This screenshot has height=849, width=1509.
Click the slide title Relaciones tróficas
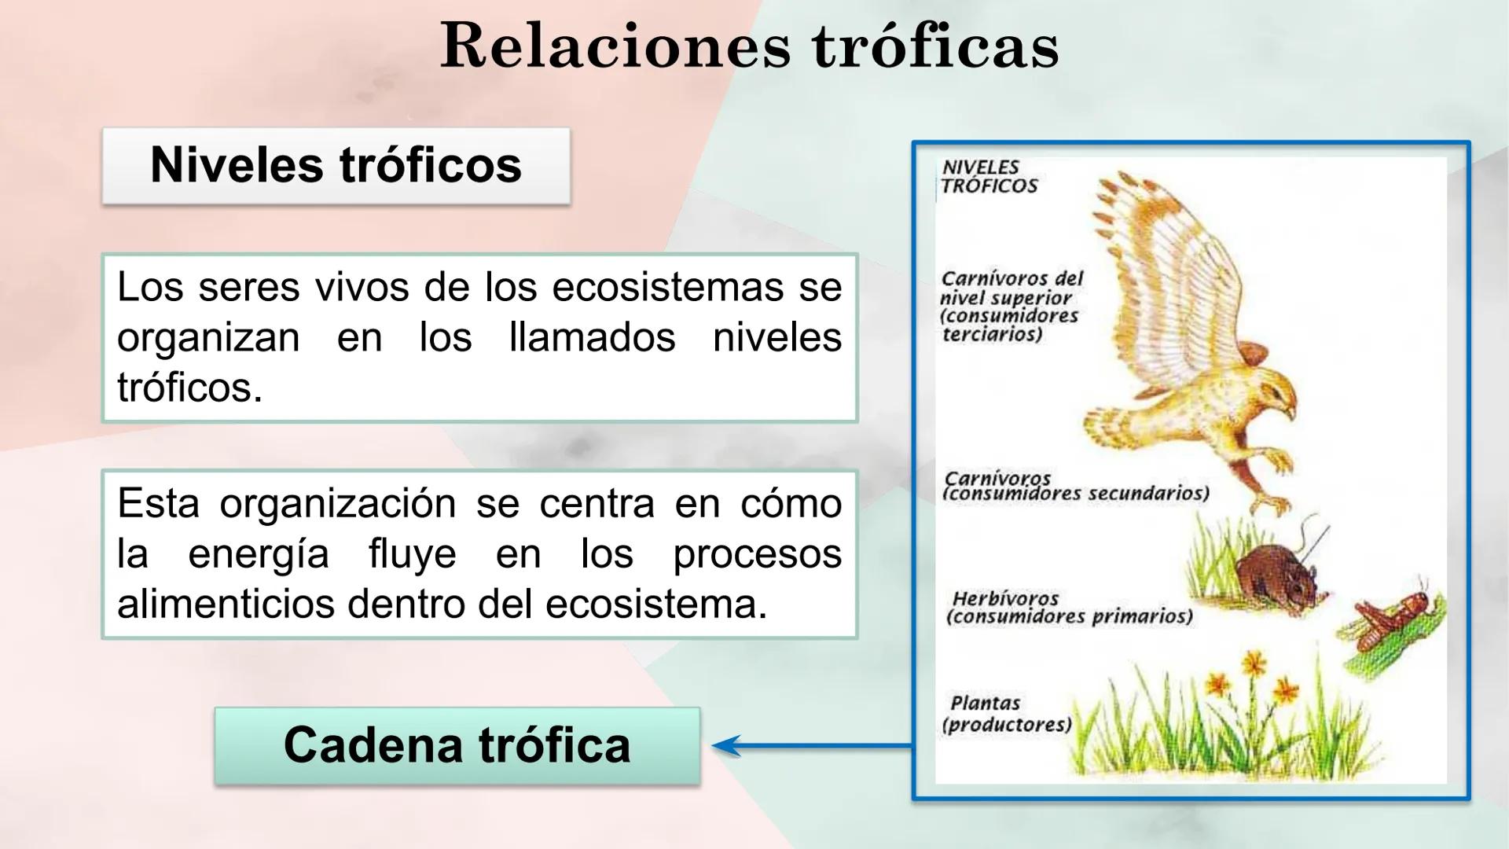(749, 46)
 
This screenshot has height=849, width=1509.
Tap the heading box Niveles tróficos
(336, 165)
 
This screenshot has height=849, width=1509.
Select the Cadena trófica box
(457, 744)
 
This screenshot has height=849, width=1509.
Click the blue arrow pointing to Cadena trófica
(810, 745)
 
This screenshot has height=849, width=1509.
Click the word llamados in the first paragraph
(592, 337)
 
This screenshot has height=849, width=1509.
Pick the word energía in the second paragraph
(258, 554)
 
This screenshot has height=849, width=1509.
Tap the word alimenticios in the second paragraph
(226, 605)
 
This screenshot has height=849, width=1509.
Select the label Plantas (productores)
(1005, 714)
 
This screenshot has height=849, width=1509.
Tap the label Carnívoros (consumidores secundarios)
(1074, 486)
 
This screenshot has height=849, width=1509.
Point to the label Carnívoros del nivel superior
(1011, 306)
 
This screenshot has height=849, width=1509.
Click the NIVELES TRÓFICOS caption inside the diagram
(989, 177)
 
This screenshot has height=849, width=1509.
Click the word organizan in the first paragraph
(208, 338)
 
